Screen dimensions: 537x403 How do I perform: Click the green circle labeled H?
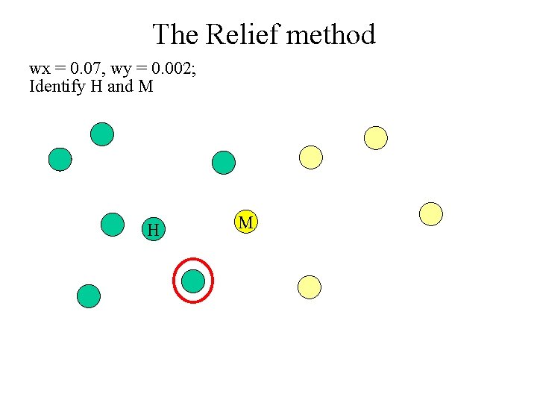coord(153,229)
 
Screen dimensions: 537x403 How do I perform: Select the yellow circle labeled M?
coord(245,222)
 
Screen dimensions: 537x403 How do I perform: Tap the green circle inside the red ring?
coord(193,281)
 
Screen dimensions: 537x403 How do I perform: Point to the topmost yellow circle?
coord(376,137)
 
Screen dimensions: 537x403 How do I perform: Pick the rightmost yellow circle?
coord(430,214)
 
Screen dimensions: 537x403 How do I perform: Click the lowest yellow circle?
coord(309,287)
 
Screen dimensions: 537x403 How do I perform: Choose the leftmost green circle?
coord(60,159)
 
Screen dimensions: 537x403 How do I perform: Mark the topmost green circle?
coord(102,134)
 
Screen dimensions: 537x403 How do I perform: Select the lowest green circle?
coord(89,296)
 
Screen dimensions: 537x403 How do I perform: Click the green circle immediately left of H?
coord(113,225)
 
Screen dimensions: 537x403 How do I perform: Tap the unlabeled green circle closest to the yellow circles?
coord(223,162)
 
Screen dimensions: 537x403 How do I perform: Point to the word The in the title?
coord(176,34)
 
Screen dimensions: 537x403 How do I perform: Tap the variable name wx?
coord(39,69)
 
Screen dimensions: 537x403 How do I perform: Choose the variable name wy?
coord(123,70)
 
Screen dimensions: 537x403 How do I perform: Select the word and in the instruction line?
coord(120,87)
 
